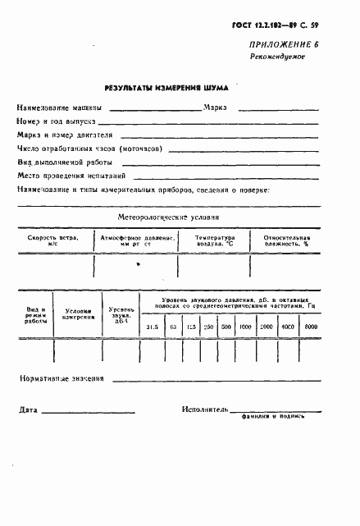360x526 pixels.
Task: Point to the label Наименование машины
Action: click(x=60, y=107)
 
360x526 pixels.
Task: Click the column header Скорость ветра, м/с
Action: click(x=53, y=240)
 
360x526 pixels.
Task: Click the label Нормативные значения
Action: click(x=62, y=379)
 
